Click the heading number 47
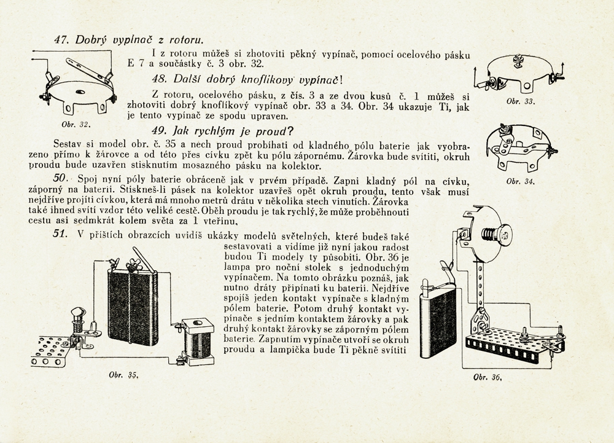coord(61,39)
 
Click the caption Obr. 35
coord(122,377)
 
